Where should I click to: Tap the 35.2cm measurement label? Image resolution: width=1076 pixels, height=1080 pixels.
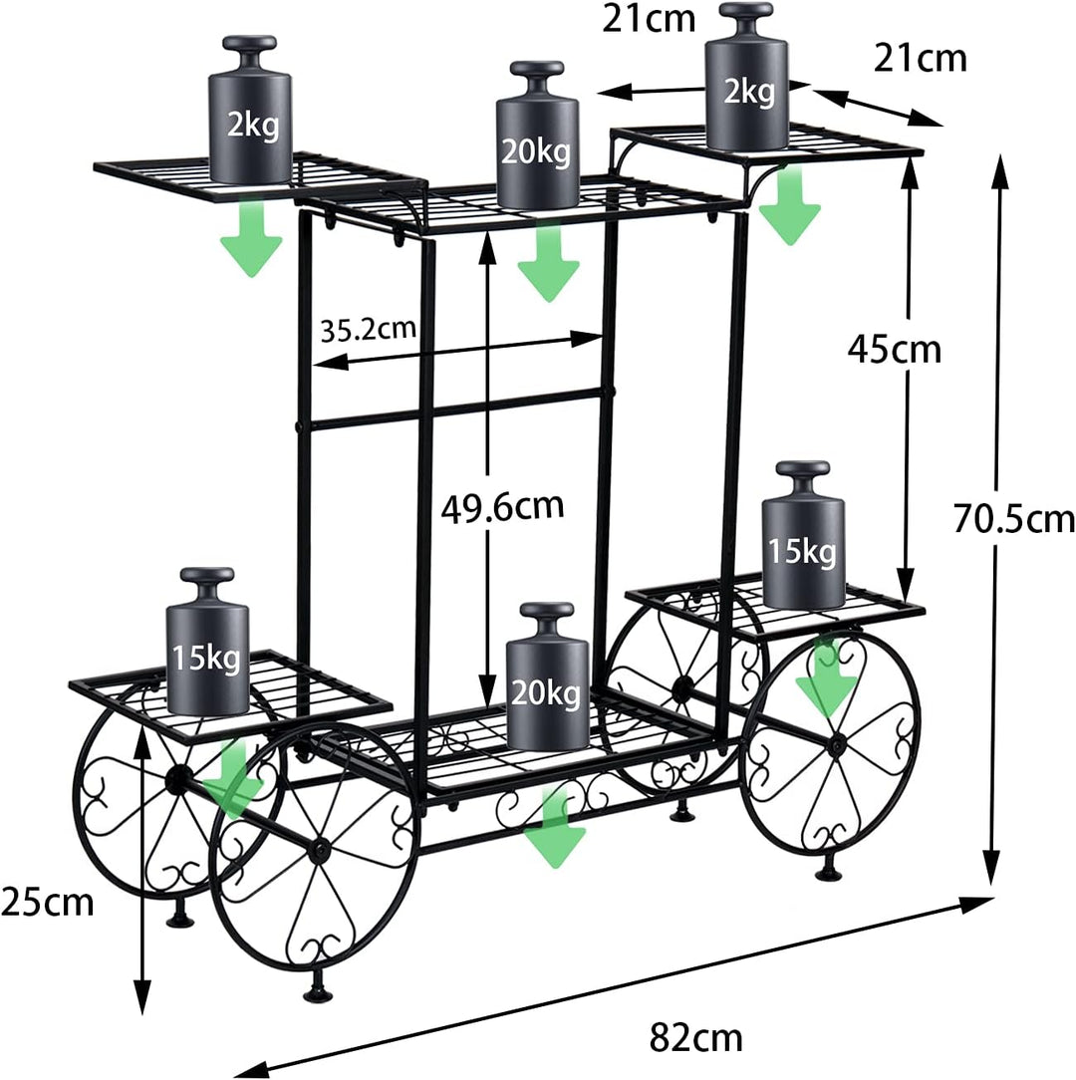pos(368,328)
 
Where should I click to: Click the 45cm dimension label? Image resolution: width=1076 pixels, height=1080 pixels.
pos(894,349)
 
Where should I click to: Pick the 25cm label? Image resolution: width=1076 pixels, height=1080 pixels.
pos(48,903)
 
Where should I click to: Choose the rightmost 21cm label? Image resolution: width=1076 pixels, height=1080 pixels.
pos(920,59)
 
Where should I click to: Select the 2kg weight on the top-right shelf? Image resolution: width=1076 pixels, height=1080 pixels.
pos(747,85)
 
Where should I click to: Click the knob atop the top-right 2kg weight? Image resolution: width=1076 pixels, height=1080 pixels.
pos(747,16)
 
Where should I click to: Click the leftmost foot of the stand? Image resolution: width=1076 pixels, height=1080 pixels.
pos(180,916)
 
